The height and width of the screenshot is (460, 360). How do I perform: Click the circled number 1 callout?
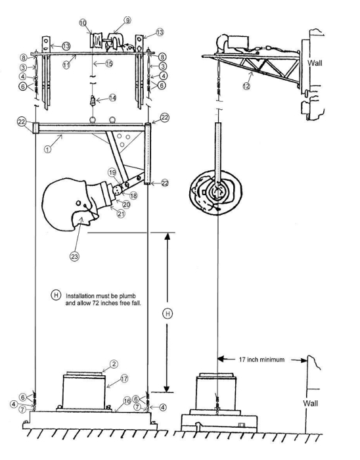pyautogui.click(x=47, y=149)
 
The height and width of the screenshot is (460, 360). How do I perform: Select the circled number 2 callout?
pyautogui.click(x=114, y=364)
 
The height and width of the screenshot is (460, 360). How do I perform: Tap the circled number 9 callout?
pyautogui.click(x=127, y=20)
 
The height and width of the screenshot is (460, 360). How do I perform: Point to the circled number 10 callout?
pyautogui.click(x=83, y=23)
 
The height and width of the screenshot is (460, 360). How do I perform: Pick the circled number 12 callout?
pyautogui.click(x=246, y=86)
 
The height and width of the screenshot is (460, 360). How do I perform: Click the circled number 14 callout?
pyautogui.click(x=112, y=98)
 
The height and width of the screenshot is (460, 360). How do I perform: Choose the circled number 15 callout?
pyautogui.click(x=109, y=63)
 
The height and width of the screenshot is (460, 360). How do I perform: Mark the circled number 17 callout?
pyautogui.click(x=124, y=379)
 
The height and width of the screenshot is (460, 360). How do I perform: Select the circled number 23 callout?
pyautogui.click(x=74, y=256)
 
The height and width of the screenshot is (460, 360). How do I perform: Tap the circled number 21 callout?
pyautogui.click(x=121, y=214)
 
